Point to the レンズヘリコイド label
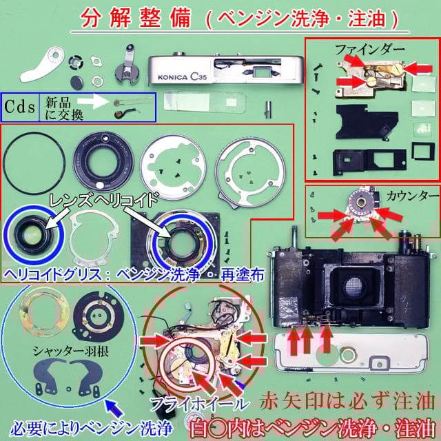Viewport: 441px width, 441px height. point(104,199)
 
